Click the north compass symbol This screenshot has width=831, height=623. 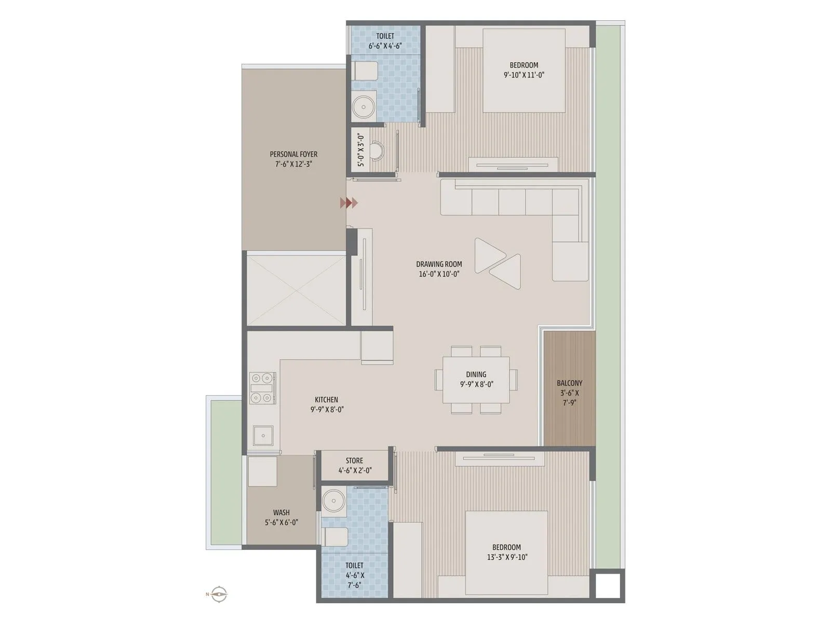point(220,593)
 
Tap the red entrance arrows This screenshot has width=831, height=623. point(349,203)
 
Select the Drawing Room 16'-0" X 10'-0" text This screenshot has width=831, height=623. point(439,269)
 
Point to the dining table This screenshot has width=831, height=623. point(476,380)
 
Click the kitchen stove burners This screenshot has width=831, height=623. point(262,388)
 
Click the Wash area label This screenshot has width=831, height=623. point(282,517)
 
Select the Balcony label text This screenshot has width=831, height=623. point(570,392)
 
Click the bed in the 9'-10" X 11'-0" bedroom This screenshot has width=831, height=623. point(524,70)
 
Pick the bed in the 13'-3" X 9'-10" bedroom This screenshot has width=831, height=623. point(506,552)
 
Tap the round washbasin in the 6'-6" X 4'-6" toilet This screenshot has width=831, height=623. point(363,106)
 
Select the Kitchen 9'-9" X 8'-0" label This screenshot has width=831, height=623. point(326,404)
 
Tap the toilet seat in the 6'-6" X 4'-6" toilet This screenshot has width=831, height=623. point(366,71)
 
